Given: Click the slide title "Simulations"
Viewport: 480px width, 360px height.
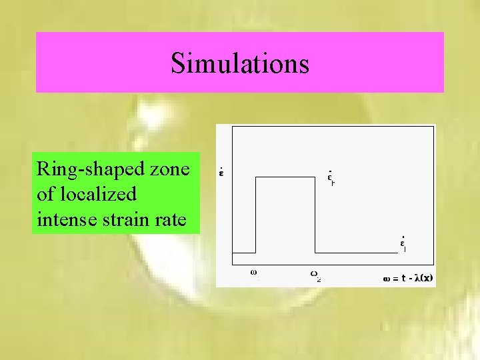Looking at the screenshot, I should click(240, 63).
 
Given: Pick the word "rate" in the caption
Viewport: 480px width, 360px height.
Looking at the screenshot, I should click(170, 218).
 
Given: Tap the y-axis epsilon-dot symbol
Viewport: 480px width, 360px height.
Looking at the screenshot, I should click(221, 175).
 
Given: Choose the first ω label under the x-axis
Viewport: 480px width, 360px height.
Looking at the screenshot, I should click(254, 272).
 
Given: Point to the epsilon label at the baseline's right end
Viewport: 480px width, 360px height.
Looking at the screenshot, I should click(403, 243).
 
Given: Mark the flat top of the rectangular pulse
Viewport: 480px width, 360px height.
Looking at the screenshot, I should click(285, 177).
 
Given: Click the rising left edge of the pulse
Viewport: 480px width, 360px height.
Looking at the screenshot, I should click(257, 213).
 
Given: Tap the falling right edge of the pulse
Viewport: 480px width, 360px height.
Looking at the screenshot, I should click(314, 213).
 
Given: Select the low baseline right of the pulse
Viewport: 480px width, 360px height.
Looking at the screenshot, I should click(353, 253).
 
